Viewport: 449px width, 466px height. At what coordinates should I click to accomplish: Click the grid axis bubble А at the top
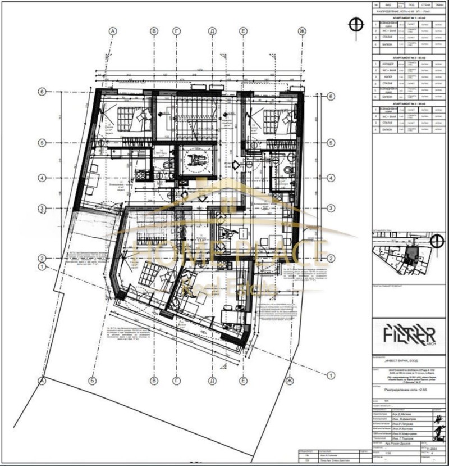click(113, 31)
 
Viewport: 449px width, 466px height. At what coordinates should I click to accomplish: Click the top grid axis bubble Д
click(212, 31)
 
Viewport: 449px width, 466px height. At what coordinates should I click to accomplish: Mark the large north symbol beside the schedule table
click(354, 24)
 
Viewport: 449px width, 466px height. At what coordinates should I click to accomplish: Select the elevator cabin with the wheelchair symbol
click(194, 160)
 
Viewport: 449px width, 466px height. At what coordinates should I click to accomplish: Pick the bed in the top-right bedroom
click(273, 119)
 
